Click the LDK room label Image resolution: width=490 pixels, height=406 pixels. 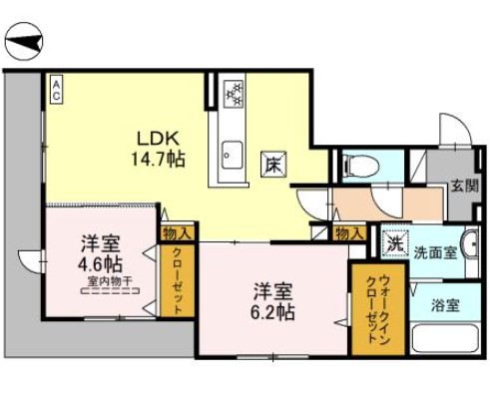click(158, 140)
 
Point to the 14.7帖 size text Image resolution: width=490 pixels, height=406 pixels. click(160, 158)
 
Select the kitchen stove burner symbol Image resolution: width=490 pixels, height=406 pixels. click(234, 94)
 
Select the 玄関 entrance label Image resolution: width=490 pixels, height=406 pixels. click(462, 186)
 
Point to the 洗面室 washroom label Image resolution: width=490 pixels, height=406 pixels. click(436, 252)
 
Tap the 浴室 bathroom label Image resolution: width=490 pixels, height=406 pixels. click(446, 305)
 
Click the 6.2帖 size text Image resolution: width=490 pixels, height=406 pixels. click(271, 313)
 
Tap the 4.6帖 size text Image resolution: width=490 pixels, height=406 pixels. click(100, 265)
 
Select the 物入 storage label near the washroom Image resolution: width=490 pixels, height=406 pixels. click(349, 232)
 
